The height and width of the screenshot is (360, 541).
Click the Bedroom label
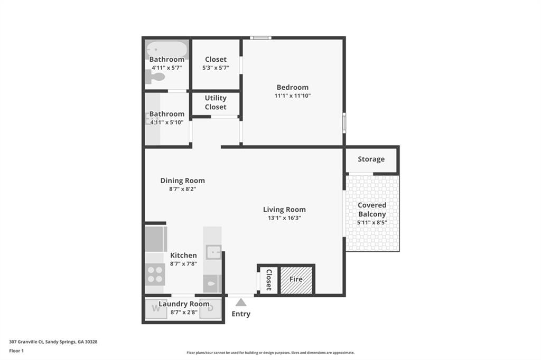point(292,87)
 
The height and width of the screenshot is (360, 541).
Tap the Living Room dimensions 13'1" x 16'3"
point(284,218)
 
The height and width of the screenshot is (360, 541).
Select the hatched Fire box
point(296,279)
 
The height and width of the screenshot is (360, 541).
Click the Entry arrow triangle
point(241,302)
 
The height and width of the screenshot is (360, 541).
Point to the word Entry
point(241,314)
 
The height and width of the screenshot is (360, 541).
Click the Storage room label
point(371,159)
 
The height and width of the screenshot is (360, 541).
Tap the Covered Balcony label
point(372,210)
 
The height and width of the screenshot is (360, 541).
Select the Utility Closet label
point(216,102)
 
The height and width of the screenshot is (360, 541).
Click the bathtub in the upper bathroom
point(166,50)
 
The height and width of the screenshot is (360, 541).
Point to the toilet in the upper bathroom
point(155,77)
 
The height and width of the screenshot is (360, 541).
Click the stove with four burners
point(155,274)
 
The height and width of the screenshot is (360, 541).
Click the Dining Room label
point(182,181)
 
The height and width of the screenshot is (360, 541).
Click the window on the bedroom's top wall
point(260,37)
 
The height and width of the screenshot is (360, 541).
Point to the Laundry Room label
point(184,304)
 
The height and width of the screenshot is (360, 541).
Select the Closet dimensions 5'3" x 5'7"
point(216,68)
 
